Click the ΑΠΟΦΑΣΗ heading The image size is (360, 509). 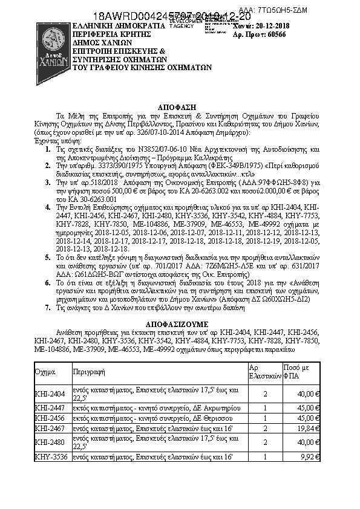coord(179,104)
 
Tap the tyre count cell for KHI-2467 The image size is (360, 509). coord(267,427)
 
